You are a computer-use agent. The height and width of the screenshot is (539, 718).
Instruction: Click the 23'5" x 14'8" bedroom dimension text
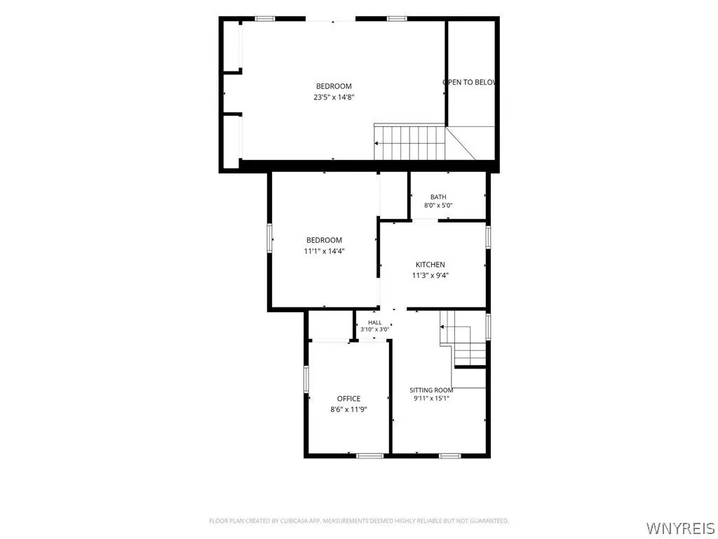(334, 97)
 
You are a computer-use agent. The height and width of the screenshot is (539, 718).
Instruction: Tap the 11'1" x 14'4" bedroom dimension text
(324, 251)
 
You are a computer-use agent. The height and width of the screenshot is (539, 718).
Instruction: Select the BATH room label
(438, 197)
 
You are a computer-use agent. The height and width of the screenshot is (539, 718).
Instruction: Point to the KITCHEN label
(430, 265)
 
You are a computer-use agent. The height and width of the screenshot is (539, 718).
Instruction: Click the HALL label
(374, 323)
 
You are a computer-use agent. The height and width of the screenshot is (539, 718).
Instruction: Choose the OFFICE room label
(348, 399)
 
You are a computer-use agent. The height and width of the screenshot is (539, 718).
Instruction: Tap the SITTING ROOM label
(431, 390)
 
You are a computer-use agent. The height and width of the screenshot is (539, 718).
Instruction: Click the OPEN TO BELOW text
(469, 83)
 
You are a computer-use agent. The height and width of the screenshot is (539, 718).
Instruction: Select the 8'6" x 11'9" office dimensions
(348, 410)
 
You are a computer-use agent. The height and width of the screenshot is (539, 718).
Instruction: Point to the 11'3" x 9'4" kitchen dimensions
(430, 275)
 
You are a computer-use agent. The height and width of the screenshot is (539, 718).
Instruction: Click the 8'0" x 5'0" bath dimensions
(438, 206)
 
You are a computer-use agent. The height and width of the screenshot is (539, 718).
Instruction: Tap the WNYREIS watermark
(680, 528)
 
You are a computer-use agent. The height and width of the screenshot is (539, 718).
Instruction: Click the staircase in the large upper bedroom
(409, 142)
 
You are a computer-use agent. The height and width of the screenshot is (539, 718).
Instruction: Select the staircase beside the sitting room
(463, 339)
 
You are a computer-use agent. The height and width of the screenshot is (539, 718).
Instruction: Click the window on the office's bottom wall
(370, 455)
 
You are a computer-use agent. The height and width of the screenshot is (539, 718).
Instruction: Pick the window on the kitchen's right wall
(488, 237)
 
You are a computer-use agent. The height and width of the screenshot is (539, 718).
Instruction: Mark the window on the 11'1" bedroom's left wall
(270, 237)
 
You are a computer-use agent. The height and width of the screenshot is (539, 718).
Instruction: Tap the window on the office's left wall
(306, 379)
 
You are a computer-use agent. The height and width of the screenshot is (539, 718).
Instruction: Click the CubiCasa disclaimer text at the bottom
(358, 521)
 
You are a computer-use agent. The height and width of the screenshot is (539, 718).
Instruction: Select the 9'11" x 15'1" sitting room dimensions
(431, 399)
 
